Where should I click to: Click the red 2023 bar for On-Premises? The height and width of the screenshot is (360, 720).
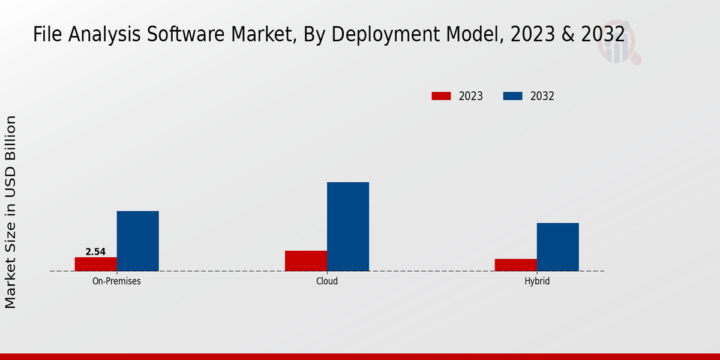pyautogui.click(x=96, y=264)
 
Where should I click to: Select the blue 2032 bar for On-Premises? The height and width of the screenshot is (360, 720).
pyautogui.click(x=138, y=241)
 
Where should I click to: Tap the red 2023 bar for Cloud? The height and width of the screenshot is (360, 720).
pyautogui.click(x=306, y=261)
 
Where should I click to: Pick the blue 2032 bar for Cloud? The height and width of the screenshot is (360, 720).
pyautogui.click(x=348, y=227)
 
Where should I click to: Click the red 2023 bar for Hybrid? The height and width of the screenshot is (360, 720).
pyautogui.click(x=516, y=265)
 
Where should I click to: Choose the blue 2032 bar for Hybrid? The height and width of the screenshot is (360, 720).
pyautogui.click(x=558, y=247)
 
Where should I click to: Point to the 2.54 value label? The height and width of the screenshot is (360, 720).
pyautogui.click(x=95, y=252)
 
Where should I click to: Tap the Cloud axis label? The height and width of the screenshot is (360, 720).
pyautogui.click(x=327, y=281)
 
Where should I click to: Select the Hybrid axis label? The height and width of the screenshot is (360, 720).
pyautogui.click(x=537, y=281)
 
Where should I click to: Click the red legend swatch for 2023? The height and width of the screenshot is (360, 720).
pyautogui.click(x=441, y=96)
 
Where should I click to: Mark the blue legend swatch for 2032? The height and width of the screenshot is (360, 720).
pyautogui.click(x=512, y=96)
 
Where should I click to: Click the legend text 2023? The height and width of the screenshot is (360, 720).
pyautogui.click(x=471, y=96)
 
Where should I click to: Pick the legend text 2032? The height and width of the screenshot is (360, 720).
pyautogui.click(x=542, y=96)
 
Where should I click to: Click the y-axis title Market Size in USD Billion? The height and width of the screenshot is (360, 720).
pyautogui.click(x=11, y=212)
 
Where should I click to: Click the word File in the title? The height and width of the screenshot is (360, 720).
pyautogui.click(x=47, y=35)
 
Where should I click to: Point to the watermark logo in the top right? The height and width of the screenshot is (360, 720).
pyautogui.click(x=618, y=45)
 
